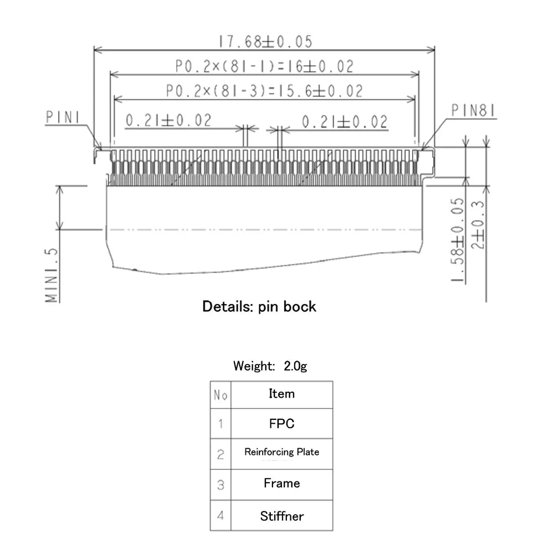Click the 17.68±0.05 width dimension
point(265,42)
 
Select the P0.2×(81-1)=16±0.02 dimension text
point(264,66)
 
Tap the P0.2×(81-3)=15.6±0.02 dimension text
point(264,91)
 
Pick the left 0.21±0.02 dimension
point(168,121)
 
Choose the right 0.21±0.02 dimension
point(344,121)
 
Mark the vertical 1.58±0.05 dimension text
point(458,239)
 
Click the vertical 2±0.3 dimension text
point(479,224)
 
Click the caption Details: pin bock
point(259,306)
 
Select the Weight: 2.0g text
point(270,366)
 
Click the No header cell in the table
point(220,395)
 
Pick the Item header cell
point(281,394)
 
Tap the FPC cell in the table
point(281,424)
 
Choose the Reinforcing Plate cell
point(281,452)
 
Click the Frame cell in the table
point(281,483)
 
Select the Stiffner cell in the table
point(281,516)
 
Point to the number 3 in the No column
point(220,485)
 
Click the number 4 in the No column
point(220,516)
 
